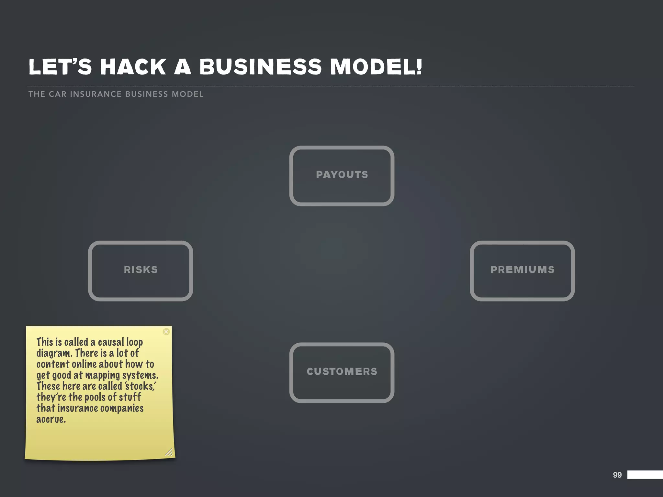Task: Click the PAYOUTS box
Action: tap(342, 175)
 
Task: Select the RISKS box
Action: tap(140, 271)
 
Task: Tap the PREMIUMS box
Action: tap(522, 271)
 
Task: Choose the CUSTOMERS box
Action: tap(342, 372)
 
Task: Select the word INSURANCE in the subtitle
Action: tap(96, 94)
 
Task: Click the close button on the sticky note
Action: tap(166, 332)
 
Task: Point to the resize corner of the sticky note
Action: tap(169, 452)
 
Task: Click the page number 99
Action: tap(617, 475)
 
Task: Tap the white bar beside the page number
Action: tap(645, 475)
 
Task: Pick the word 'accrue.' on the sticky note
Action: tap(51, 419)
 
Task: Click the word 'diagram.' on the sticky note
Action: tap(54, 353)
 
